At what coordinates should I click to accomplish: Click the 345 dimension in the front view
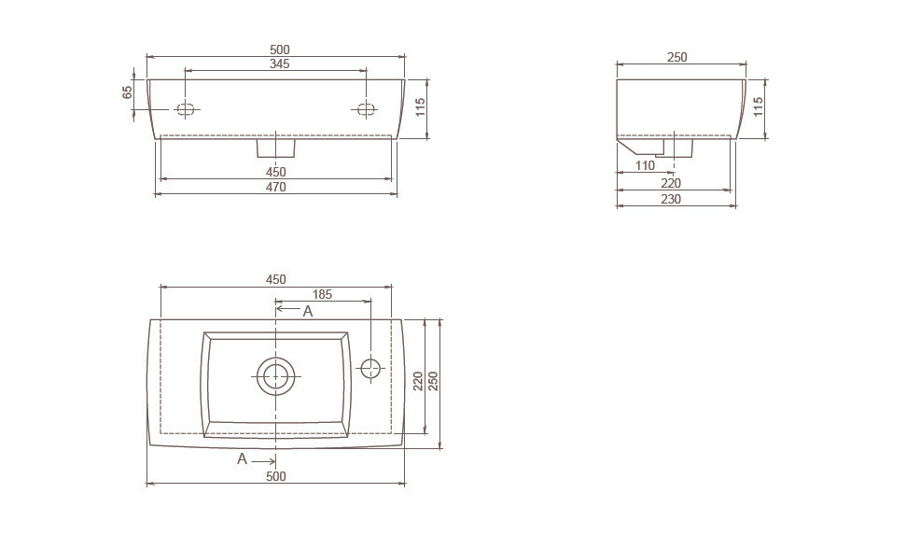pyautogui.click(x=279, y=64)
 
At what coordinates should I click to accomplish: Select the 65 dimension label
pyautogui.click(x=127, y=92)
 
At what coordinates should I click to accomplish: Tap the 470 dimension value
pyautogui.click(x=276, y=187)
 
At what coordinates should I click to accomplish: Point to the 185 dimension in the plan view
pyautogui.click(x=322, y=294)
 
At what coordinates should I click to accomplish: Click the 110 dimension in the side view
pyautogui.click(x=645, y=165)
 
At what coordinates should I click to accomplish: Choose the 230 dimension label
pyautogui.click(x=671, y=199)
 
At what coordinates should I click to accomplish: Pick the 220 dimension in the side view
pyautogui.click(x=671, y=183)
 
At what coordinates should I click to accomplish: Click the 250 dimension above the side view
pyautogui.click(x=676, y=57)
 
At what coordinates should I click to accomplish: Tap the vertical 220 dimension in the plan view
pyautogui.click(x=418, y=382)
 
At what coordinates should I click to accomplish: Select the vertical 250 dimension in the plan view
pyautogui.click(x=434, y=382)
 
